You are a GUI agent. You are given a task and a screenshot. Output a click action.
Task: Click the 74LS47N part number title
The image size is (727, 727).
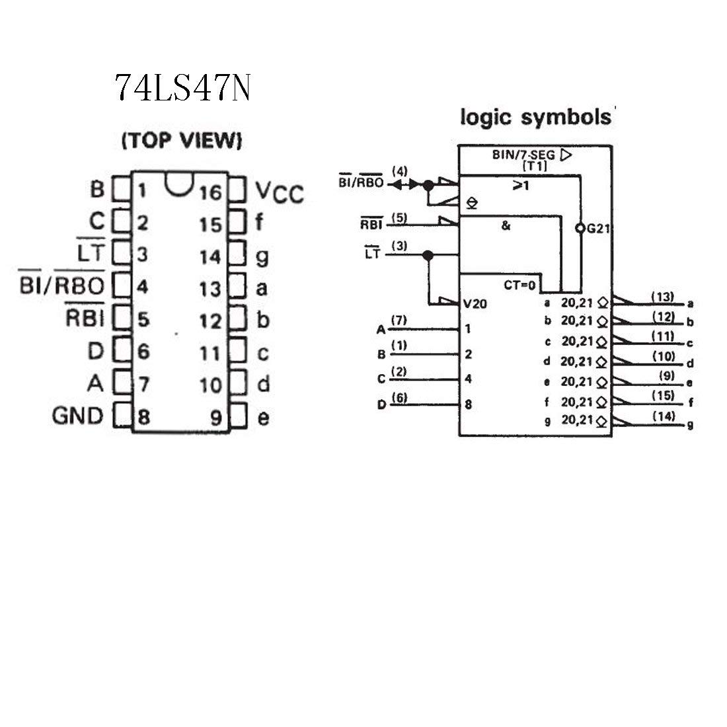(x=182, y=88)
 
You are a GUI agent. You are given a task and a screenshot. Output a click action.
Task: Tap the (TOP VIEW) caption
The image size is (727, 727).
(x=182, y=140)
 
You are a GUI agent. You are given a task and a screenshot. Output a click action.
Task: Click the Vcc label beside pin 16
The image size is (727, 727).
(x=280, y=192)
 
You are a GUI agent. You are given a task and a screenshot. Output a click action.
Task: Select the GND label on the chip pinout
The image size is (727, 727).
(x=77, y=416)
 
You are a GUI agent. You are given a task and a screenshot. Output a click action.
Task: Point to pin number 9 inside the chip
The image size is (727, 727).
(x=217, y=418)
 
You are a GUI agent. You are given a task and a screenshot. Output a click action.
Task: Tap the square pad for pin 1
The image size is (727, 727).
(x=122, y=189)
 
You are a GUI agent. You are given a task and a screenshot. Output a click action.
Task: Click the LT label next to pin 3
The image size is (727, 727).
(x=91, y=251)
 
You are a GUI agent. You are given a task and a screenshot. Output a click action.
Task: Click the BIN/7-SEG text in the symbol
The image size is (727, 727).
(x=523, y=155)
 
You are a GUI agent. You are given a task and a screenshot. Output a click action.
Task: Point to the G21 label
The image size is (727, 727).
(x=598, y=229)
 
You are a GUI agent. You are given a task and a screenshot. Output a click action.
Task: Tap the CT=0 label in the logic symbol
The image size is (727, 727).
(x=519, y=285)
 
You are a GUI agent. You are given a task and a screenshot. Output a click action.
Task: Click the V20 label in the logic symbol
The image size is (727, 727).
(x=475, y=304)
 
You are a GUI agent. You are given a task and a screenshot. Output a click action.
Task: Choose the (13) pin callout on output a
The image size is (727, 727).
(x=662, y=297)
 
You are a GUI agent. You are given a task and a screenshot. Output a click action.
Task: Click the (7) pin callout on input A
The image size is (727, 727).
(x=399, y=320)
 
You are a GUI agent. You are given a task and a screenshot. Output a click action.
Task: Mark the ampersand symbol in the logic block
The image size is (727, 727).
(x=506, y=226)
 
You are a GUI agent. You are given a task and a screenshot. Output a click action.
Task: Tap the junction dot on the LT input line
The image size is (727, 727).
(x=428, y=255)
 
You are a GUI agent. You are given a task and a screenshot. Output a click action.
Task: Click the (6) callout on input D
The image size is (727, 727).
(x=399, y=397)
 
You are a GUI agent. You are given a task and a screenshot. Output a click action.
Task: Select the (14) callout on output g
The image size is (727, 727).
(x=664, y=416)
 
